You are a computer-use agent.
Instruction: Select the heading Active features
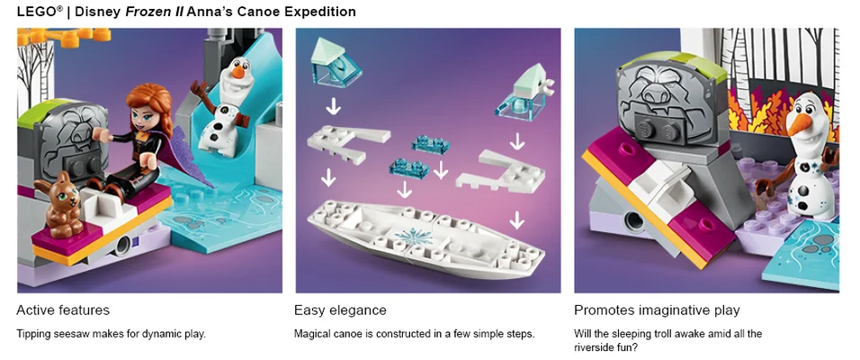63,310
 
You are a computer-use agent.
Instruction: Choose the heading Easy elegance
340,310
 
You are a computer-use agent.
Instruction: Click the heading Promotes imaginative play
657,310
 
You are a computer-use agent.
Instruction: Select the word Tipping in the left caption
33,334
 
